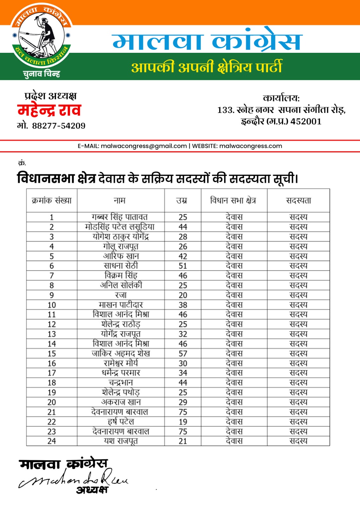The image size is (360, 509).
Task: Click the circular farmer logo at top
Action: click(x=41, y=35)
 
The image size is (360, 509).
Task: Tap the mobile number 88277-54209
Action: click(x=59, y=126)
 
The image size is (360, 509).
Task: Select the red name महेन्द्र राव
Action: click(x=49, y=110)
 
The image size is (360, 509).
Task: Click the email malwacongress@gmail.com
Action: click(x=144, y=146)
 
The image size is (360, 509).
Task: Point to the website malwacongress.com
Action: click(x=251, y=146)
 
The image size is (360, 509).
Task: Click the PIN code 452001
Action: click(x=306, y=122)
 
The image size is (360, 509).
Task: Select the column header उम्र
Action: click(x=182, y=200)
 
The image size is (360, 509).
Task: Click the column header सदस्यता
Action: click(x=298, y=200)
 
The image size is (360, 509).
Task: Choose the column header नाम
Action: click(x=120, y=200)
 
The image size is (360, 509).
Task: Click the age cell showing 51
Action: click(x=183, y=266)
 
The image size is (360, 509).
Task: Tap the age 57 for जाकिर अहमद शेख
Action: click(x=183, y=353)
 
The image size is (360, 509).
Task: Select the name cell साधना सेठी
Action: click(x=121, y=266)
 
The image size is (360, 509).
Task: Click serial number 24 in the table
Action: click(x=52, y=441)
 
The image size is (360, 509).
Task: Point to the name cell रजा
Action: click(x=121, y=295)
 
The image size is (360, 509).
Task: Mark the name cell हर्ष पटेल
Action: click(x=121, y=422)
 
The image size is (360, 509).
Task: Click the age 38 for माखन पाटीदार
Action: click(x=183, y=305)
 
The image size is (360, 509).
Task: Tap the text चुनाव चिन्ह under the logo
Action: click(x=41, y=74)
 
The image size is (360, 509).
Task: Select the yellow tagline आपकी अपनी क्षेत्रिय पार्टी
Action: click(x=207, y=67)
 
